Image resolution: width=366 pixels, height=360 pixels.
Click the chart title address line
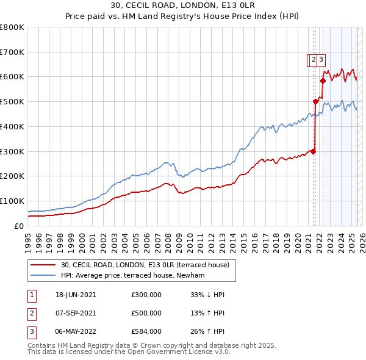coord(183,5)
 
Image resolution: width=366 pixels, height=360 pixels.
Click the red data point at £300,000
coord(313,151)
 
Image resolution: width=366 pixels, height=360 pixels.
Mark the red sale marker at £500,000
coord(315,101)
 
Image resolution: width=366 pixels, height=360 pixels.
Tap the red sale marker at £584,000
coord(323,81)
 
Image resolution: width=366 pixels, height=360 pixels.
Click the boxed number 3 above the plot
coord(320,60)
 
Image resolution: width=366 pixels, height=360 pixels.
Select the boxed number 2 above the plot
coord(313,60)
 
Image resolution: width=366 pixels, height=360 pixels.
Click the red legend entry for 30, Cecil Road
coord(145,265)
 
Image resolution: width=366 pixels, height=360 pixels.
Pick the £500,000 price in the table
coord(146,313)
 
